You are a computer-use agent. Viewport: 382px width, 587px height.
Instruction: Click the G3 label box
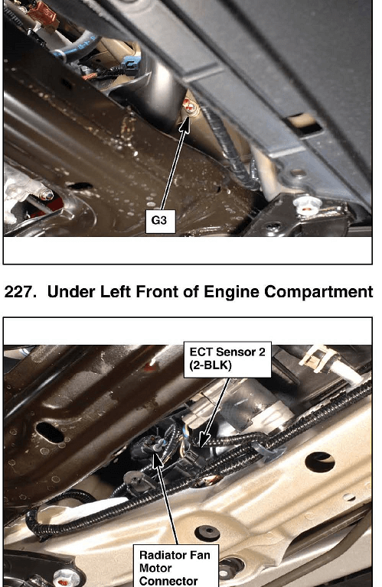coord(160,221)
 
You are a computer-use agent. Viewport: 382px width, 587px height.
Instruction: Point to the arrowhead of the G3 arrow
coord(184,125)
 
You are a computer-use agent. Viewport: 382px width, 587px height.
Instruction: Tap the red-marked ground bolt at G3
coord(190,107)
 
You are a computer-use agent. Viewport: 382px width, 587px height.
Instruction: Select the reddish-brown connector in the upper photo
coord(42,15)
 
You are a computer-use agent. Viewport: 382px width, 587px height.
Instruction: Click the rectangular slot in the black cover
coord(302,125)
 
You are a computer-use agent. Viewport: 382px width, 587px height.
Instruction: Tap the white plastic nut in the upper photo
coord(308,206)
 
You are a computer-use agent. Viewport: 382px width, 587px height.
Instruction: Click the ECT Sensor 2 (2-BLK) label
coord(227,359)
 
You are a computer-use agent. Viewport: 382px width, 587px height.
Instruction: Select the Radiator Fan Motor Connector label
coord(176,566)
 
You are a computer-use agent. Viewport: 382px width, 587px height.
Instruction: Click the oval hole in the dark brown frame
coord(50,432)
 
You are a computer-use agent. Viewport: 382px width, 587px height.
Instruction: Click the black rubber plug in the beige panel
coord(207,533)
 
